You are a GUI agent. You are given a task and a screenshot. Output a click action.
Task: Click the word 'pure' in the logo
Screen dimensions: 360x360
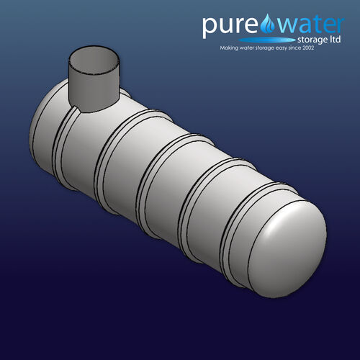pos(228,26)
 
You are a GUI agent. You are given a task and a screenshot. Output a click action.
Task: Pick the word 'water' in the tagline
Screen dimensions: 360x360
pos(253,49)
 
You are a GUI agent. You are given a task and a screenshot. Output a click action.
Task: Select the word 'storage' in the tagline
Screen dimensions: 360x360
pos(275,49)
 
